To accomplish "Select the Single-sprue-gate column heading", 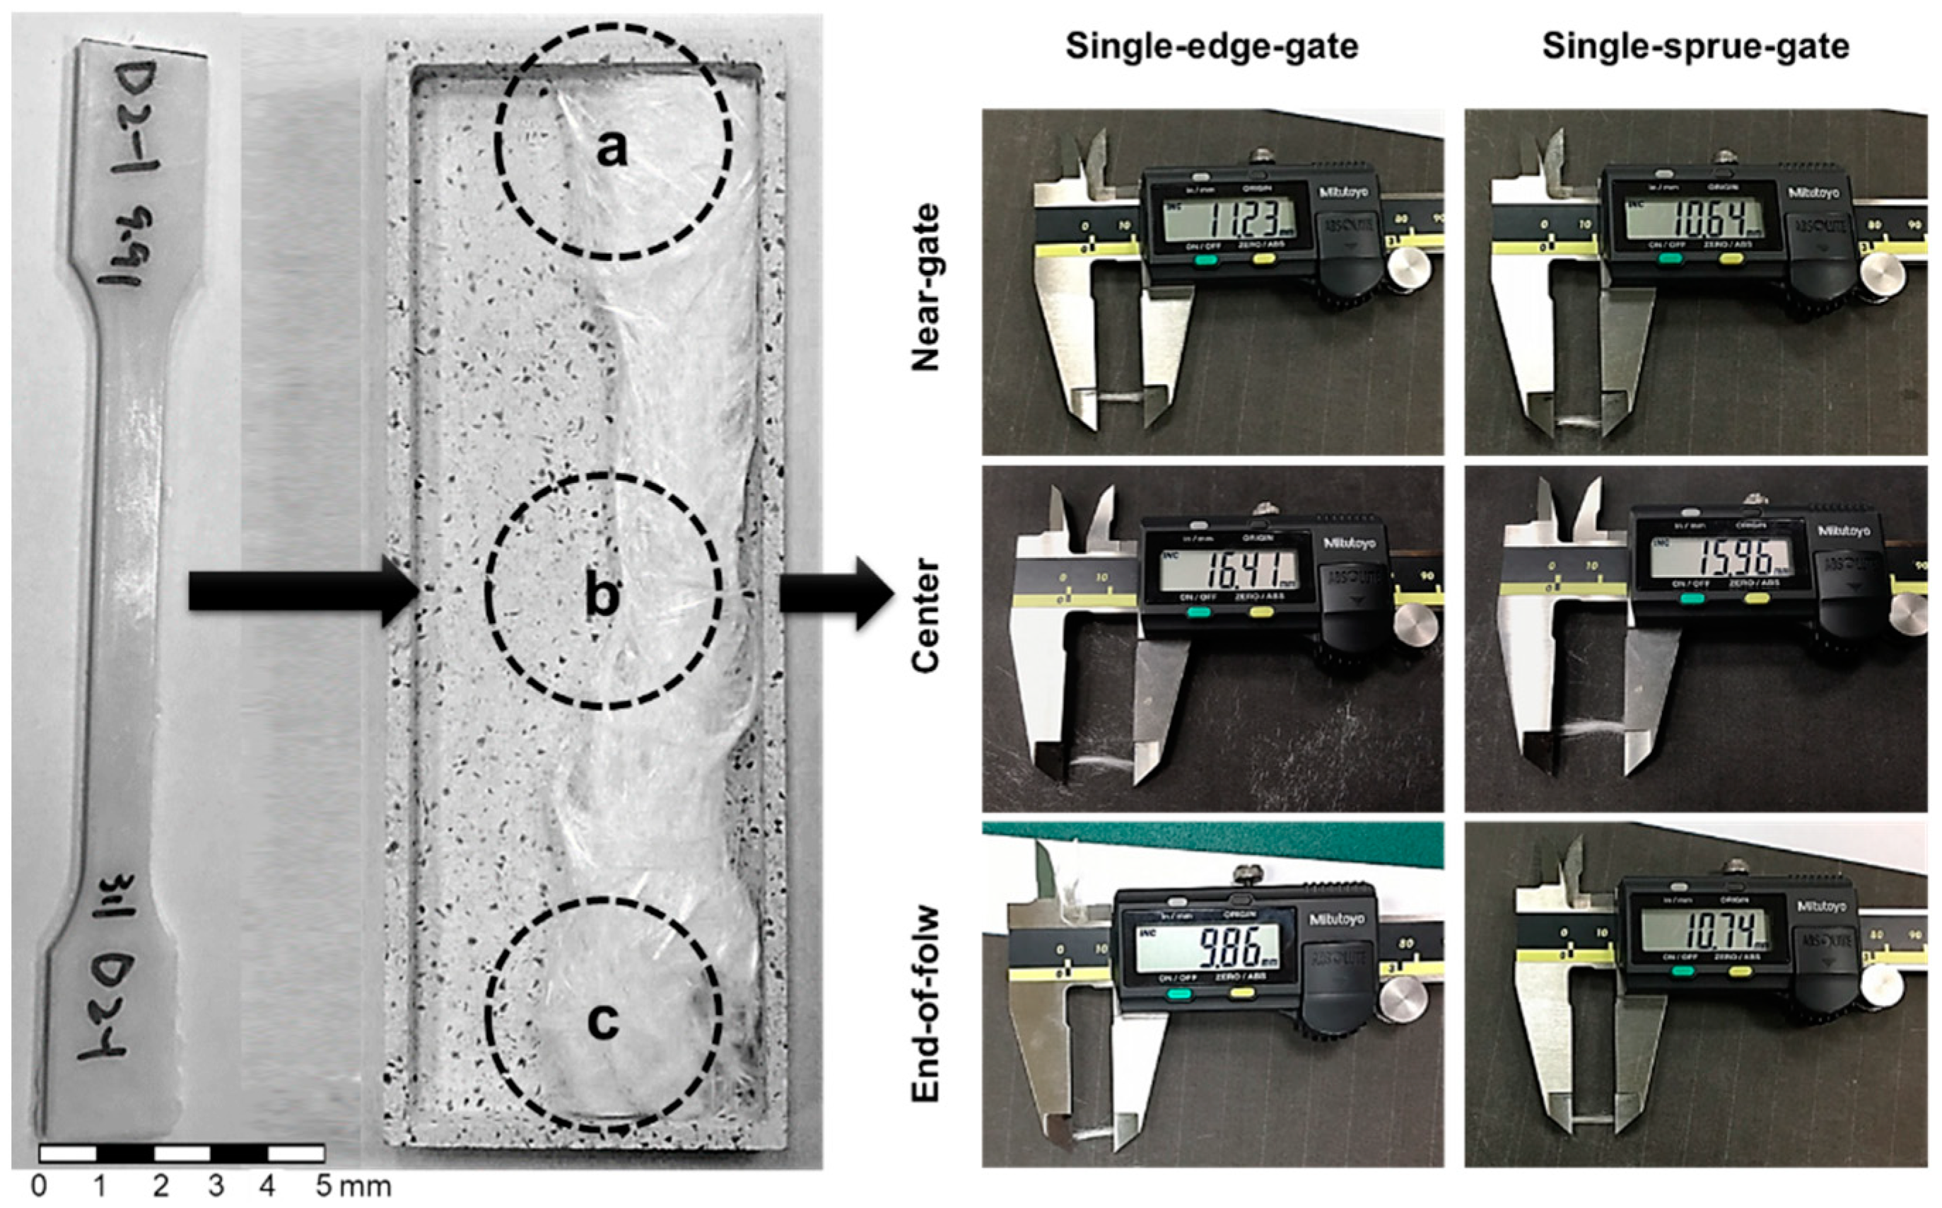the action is coord(1695,47).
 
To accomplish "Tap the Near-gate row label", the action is coord(926,288).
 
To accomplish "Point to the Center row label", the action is coord(926,616).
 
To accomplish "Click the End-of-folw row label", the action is coord(926,1004).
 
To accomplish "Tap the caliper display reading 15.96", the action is coord(1716,557).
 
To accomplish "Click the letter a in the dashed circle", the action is coord(612,149).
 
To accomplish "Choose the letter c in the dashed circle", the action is coord(603,1021).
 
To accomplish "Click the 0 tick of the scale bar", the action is coord(38,1187).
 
